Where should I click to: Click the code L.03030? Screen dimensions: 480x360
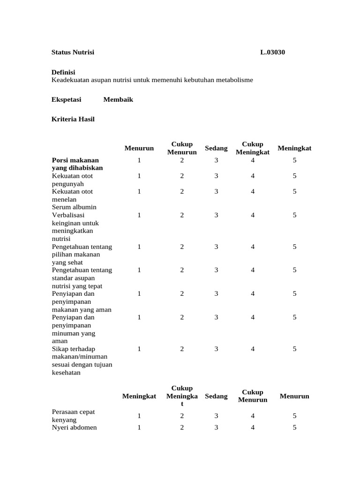[272, 52]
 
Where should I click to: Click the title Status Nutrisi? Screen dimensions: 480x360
[73, 52]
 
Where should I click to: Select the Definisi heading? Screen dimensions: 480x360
[63, 72]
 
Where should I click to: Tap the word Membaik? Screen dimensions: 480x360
[118, 99]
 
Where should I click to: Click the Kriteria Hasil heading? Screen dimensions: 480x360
[73, 119]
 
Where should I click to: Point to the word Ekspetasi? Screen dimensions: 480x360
[66, 99]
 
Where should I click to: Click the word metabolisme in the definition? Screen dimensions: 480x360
[234, 80]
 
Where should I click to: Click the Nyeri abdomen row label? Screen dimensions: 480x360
[74, 427]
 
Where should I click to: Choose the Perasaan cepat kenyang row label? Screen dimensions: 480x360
[73, 416]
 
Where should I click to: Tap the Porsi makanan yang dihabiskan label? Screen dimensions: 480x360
[77, 164]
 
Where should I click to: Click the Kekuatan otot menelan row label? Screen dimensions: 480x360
[72, 195]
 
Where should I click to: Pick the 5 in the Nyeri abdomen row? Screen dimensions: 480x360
[294, 427]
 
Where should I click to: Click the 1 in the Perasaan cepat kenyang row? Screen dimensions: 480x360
[139, 416]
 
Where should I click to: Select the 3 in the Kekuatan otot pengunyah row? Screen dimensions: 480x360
[216, 176]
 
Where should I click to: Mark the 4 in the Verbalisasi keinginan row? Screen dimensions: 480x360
[253, 215]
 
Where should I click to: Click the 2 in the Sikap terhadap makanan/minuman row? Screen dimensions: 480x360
[182, 349]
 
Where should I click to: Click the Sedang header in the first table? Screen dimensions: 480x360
[216, 148]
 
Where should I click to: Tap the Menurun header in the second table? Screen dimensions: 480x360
[294, 396]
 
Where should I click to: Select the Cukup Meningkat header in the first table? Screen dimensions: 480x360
[253, 148]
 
